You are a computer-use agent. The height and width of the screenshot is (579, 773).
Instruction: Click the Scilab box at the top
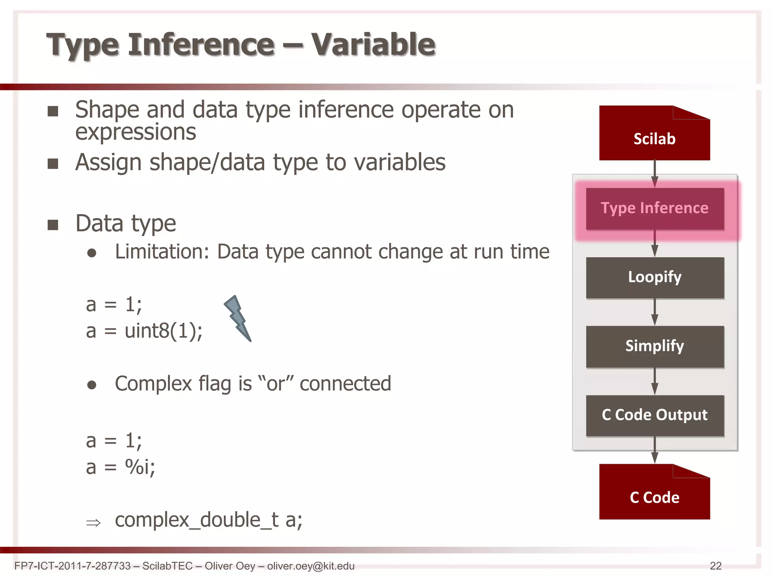(654, 138)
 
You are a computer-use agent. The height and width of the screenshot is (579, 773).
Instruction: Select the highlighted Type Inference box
(654, 208)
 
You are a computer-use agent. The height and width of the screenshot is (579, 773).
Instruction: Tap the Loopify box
(654, 277)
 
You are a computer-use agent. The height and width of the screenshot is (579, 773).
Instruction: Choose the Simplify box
(654, 346)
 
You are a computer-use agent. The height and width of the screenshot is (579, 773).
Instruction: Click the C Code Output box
(654, 415)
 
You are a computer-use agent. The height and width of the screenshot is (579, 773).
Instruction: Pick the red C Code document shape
(654, 497)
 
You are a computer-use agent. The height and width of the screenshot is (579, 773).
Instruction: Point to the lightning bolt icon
(238, 319)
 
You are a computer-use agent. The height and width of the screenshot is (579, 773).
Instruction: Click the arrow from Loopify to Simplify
(654, 312)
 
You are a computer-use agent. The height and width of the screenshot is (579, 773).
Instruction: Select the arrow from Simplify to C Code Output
(654, 381)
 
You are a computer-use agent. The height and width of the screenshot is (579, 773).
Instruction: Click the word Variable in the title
(373, 44)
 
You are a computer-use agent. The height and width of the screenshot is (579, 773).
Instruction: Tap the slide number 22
(716, 566)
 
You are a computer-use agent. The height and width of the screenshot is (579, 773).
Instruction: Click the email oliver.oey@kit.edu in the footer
(311, 566)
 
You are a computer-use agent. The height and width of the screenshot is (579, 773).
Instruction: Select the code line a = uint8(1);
(144, 331)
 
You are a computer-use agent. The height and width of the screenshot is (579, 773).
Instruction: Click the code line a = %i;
(120, 467)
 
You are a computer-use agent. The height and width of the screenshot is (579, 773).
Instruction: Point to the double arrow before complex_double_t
(93, 523)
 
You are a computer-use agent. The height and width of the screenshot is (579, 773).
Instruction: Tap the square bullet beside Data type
(53, 225)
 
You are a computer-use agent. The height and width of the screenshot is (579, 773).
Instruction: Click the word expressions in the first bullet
(136, 132)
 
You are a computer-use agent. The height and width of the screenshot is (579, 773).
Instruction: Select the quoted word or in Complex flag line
(276, 384)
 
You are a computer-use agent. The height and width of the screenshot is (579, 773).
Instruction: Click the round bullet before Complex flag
(91, 385)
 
